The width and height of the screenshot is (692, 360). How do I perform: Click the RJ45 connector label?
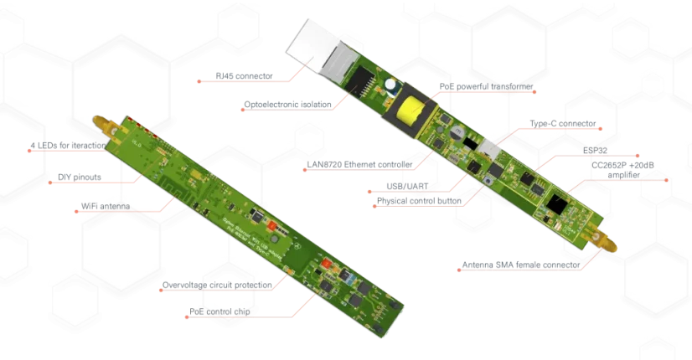[244, 76]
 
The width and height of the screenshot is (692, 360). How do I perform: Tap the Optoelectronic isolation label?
[287, 105]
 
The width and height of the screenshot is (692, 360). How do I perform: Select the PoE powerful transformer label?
[487, 86]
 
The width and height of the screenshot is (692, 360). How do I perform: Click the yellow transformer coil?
[410, 110]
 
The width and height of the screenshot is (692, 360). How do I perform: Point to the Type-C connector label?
[563, 124]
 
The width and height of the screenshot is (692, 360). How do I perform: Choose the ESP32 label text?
[595, 151]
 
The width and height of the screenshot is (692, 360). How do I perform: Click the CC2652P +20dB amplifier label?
[622, 170]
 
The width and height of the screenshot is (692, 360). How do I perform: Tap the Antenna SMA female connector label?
[521, 265]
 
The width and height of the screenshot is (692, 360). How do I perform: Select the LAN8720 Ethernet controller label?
[359, 165]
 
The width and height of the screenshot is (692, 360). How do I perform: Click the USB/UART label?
[407, 186]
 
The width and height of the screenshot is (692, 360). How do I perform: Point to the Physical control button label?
[419, 201]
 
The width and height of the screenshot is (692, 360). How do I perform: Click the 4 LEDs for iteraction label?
[68, 145]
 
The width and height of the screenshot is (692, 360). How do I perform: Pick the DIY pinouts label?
[80, 177]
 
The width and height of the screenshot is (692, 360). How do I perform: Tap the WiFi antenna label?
[106, 206]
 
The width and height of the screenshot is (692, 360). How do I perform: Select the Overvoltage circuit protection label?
[217, 285]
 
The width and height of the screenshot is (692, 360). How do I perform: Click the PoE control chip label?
[219, 311]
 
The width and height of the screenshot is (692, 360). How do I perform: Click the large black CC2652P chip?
[556, 202]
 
